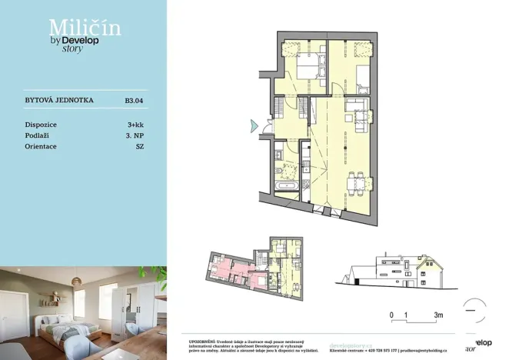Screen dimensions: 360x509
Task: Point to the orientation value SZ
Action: (x=139, y=145)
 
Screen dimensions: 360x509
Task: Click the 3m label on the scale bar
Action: (x=438, y=315)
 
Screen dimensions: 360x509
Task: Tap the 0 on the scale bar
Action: (x=391, y=315)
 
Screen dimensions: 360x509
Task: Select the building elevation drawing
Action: (x=392, y=273)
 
